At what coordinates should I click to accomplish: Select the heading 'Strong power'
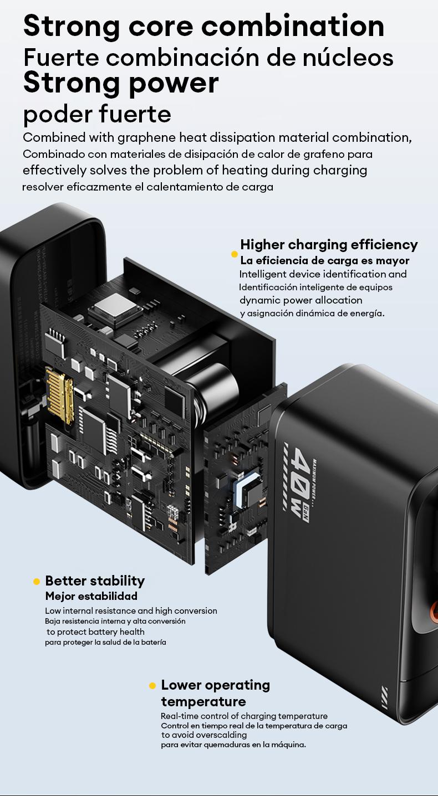121,83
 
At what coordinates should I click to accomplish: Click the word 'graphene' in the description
141,137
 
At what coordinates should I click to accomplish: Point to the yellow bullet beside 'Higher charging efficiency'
235,254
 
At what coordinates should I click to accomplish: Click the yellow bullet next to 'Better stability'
37,582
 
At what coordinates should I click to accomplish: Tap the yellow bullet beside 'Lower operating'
152,686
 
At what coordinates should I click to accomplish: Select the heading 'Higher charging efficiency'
329,244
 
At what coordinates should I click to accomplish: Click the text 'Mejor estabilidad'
91,597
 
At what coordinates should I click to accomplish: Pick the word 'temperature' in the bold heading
203,702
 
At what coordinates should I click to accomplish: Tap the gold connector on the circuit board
60,397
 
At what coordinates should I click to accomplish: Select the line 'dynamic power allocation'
301,300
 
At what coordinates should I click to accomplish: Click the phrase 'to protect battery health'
95,632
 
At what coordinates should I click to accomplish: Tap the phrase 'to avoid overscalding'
203,735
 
